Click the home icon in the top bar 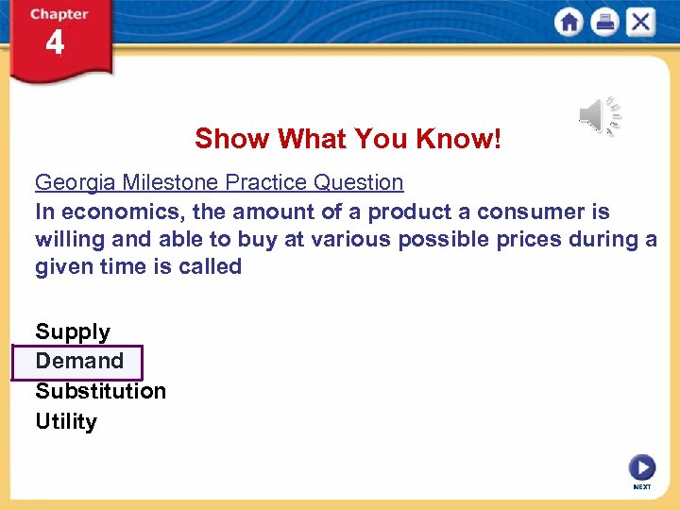(x=569, y=22)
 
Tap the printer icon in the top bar (x=604, y=22)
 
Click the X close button (x=640, y=22)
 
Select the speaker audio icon (x=599, y=116)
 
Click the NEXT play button (x=641, y=467)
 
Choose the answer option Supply (x=73, y=331)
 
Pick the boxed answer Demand (x=79, y=361)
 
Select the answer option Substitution (x=100, y=391)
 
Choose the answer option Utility (x=66, y=421)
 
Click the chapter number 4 (x=55, y=43)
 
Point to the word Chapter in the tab (x=59, y=14)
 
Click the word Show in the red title (x=220, y=140)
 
